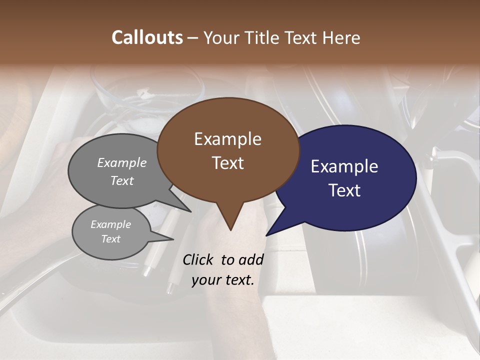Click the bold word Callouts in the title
pos(147,37)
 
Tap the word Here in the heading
pos(342,37)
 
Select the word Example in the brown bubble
pos(227,139)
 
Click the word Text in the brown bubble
pos(227,163)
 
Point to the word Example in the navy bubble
pos(344,166)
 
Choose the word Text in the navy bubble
pos(344,190)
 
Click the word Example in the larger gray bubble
pos(122,162)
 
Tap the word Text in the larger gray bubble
pos(122,180)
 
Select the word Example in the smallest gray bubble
pos(111,224)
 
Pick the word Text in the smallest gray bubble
pos(111,239)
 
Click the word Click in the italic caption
pos(199,259)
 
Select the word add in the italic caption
pos(251,259)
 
